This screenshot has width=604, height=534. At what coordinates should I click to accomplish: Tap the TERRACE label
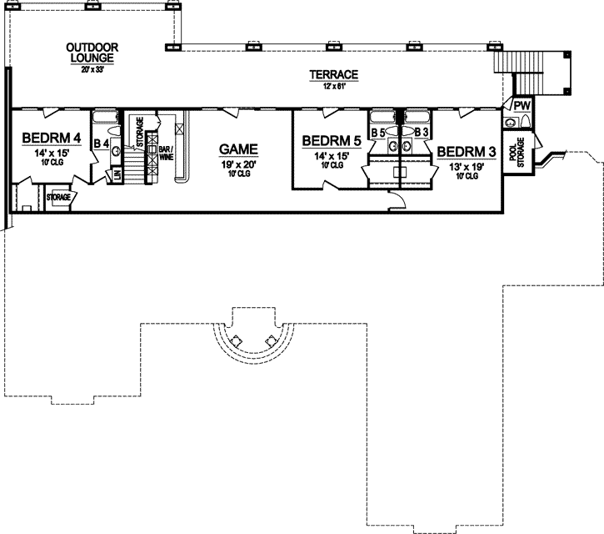334,75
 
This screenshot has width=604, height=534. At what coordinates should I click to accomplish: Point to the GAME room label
238,149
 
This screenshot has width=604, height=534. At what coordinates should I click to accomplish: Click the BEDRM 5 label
331,141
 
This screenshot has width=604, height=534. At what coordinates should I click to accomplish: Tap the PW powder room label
522,106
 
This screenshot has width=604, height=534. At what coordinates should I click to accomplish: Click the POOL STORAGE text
521,153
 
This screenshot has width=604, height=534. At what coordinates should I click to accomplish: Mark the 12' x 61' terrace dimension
334,87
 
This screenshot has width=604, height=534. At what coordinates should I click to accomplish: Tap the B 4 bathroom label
101,144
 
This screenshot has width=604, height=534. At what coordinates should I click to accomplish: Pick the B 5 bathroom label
377,133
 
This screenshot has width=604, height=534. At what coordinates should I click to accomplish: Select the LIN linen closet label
117,174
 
